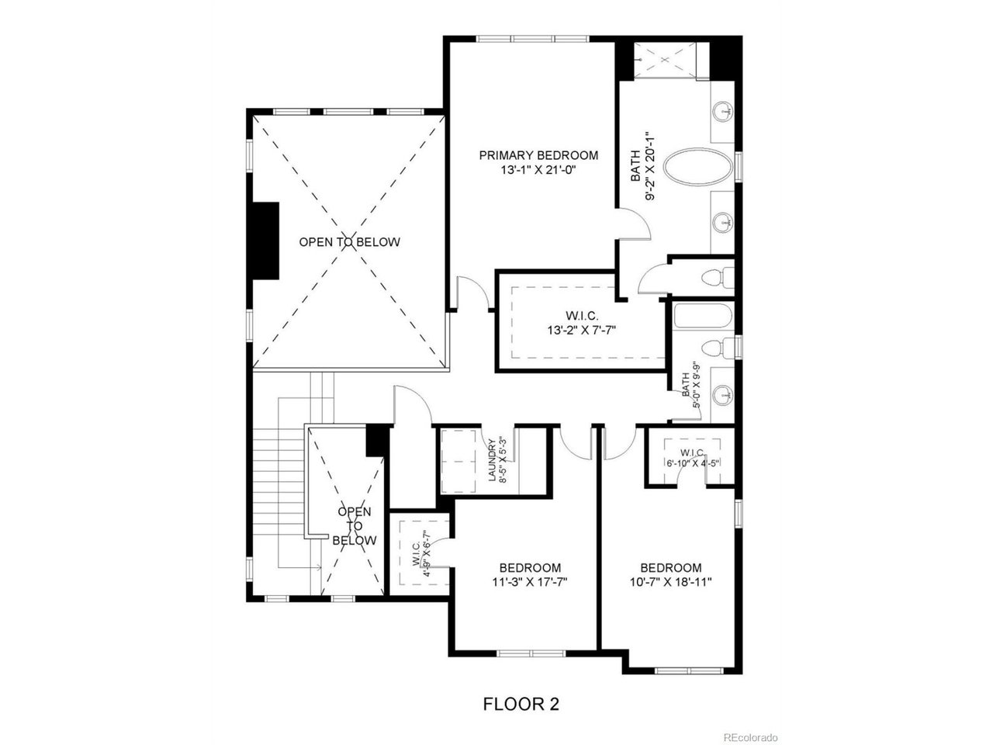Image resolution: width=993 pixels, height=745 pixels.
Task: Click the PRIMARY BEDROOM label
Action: click(538, 155)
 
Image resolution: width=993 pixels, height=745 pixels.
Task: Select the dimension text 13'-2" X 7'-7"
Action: click(582, 331)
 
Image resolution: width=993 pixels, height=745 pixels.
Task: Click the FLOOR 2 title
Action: click(521, 704)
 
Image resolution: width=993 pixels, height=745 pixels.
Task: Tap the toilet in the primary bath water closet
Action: click(718, 277)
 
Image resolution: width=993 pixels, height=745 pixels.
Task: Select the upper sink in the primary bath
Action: click(722, 110)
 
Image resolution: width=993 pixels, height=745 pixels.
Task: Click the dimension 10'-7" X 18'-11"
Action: click(671, 582)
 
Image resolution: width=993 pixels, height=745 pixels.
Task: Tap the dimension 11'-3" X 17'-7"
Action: click(530, 582)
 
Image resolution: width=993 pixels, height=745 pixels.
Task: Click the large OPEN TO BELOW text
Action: click(350, 242)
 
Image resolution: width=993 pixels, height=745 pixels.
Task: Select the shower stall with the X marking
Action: click(665, 61)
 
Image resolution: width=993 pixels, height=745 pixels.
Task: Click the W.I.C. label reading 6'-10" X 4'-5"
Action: click(693, 458)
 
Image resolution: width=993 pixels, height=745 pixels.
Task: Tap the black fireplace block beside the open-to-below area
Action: click(265, 241)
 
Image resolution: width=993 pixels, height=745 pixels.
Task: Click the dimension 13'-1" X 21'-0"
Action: click(539, 171)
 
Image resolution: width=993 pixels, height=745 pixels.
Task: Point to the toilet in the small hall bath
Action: click(718, 348)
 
